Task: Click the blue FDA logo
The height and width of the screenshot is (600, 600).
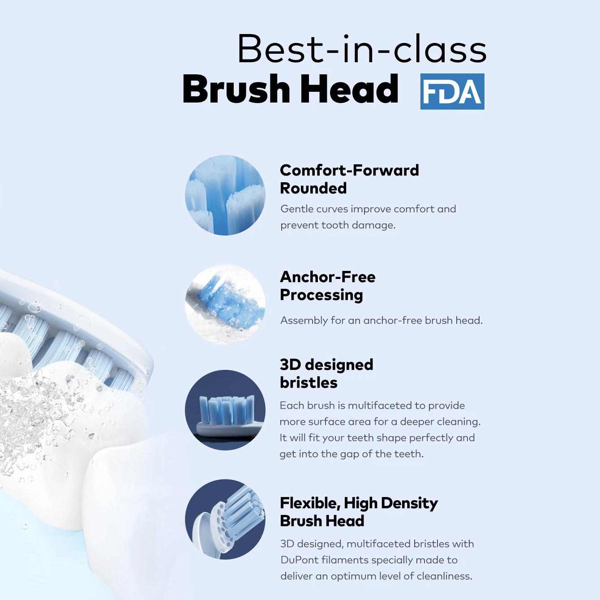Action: click(452, 91)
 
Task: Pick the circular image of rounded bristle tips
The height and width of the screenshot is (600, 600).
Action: click(225, 195)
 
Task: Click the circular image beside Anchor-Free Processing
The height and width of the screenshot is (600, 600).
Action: click(225, 304)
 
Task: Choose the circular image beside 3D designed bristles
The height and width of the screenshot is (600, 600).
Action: click(225, 410)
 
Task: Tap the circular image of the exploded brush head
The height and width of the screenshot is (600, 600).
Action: click(225, 519)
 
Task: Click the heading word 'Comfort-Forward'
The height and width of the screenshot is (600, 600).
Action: click(349, 170)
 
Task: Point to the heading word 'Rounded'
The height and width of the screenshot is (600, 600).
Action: click(313, 188)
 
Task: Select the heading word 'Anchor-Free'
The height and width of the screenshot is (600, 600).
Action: click(328, 277)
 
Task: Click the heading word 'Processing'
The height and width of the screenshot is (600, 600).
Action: click(321, 295)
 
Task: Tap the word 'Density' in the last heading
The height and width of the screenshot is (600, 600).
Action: click(409, 504)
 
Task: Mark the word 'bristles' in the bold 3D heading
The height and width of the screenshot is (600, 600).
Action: click(309, 383)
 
